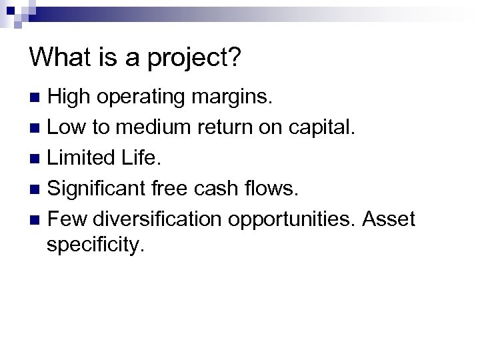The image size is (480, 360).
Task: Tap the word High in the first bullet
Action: (70, 97)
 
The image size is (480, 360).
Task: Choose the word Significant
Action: (96, 188)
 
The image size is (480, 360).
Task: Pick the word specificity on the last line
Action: (95, 245)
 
